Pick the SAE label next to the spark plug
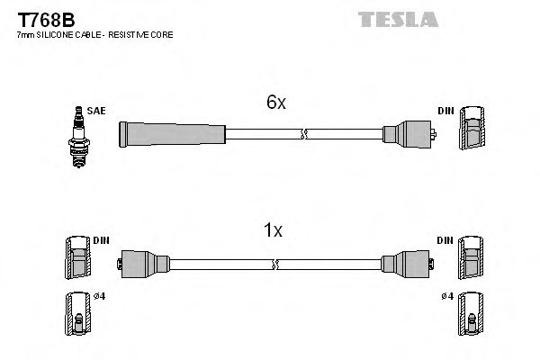96,111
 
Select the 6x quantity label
276,103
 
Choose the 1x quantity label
272,230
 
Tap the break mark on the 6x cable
304,135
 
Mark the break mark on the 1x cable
277,264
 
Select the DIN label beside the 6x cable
446,111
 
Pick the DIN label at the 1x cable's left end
101,240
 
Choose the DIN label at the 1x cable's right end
446,240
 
